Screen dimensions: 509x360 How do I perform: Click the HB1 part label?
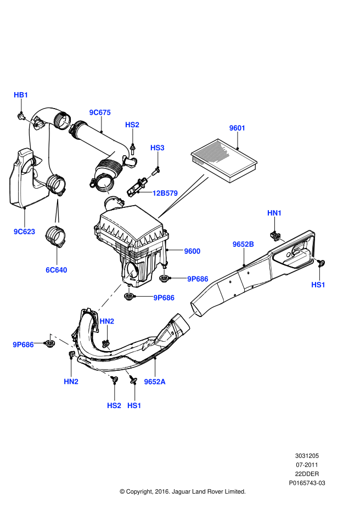coord(21,95)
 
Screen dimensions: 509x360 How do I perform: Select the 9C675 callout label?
coord(100,112)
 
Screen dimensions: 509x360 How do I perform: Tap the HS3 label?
coord(157,148)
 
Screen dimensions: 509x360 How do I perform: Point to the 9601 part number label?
coord(237,128)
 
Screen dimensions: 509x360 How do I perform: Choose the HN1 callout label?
coord(274,212)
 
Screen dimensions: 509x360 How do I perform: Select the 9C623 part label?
coord(24,231)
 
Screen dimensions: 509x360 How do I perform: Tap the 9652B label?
coord(243,244)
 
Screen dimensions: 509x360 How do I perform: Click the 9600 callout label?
coord(192,251)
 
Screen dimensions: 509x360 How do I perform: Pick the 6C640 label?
coord(57,269)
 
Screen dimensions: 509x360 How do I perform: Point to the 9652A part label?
coord(155,381)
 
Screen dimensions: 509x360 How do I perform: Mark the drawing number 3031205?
coord(307,456)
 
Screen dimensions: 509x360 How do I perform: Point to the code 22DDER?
coord(307,473)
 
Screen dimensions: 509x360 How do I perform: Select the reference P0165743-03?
coord(307,483)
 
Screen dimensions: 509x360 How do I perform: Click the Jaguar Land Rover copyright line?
coord(182,491)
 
